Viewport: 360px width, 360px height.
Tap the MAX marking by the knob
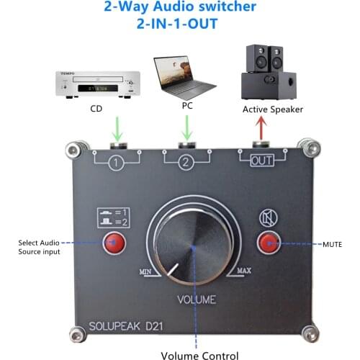tap(243, 271)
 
